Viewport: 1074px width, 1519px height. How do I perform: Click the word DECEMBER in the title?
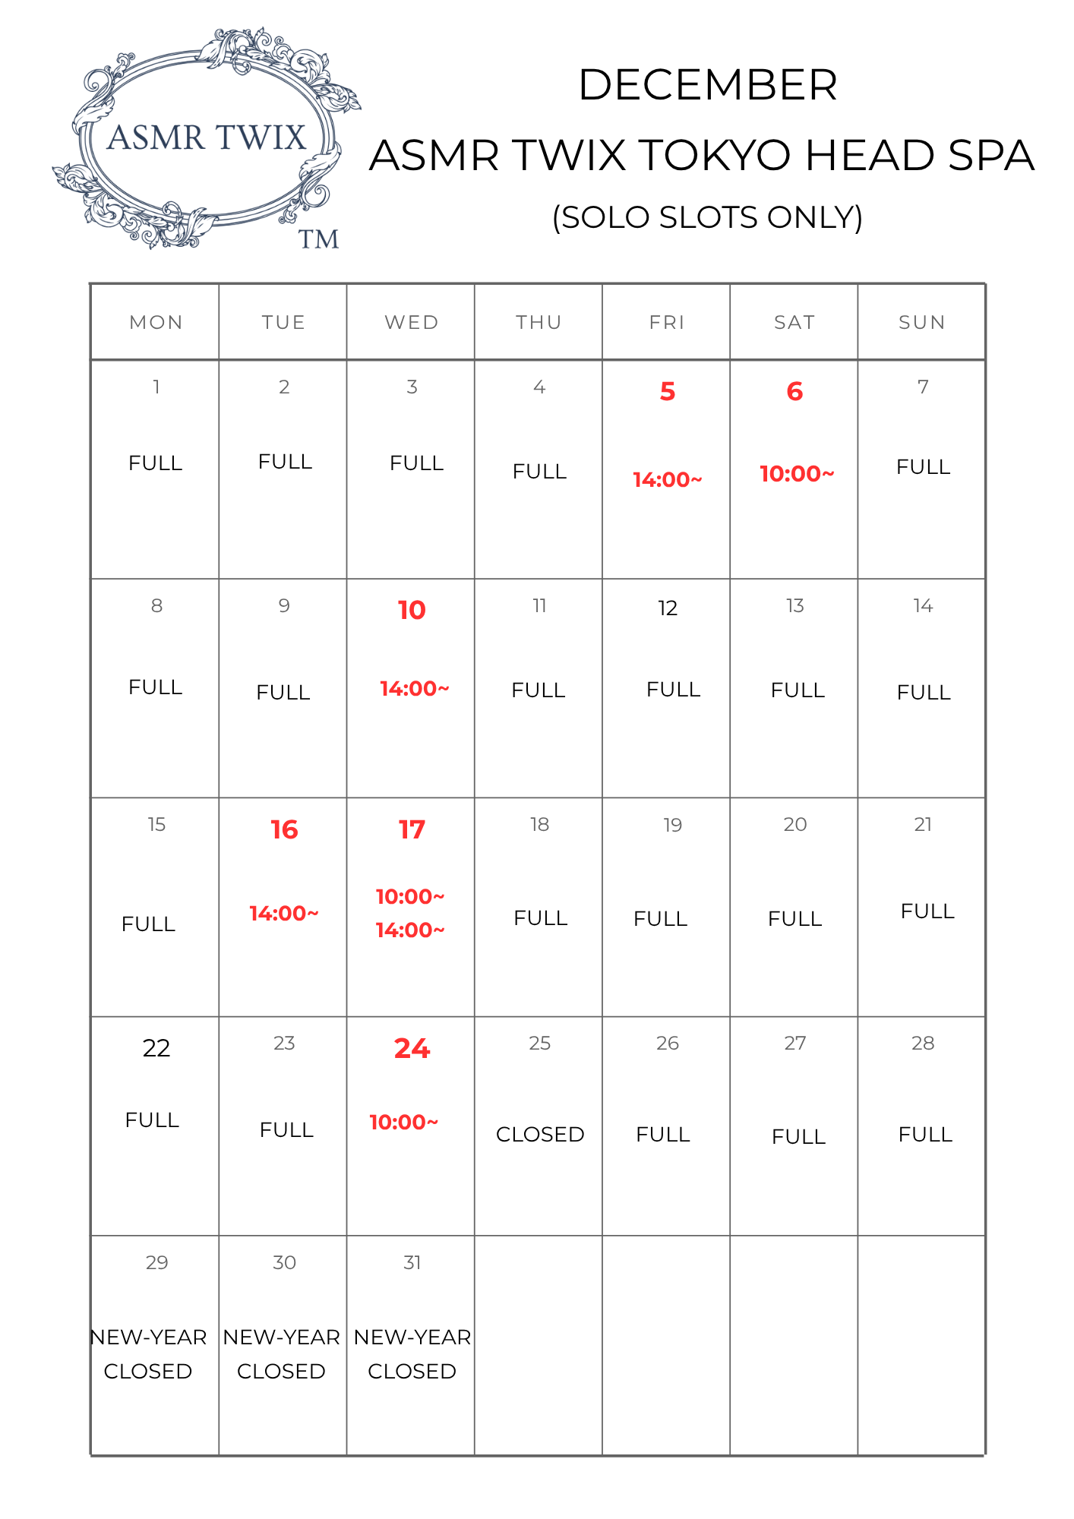(707, 84)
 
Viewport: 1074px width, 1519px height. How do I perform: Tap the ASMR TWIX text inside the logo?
(207, 138)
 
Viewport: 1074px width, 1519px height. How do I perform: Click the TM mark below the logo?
(318, 240)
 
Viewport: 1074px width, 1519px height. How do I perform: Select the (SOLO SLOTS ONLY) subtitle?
(707, 218)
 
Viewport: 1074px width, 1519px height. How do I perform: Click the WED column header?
(412, 323)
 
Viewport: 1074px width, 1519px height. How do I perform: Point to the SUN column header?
(922, 323)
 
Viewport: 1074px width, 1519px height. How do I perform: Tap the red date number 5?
(667, 392)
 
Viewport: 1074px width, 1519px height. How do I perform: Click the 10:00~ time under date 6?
(797, 474)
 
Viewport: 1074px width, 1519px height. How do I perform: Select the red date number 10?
(412, 611)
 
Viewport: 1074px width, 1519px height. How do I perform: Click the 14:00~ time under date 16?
(284, 914)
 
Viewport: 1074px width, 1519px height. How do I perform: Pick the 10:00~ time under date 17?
(410, 897)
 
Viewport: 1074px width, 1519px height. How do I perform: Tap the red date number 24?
(412, 1049)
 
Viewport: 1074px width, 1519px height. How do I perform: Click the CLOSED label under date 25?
(540, 1135)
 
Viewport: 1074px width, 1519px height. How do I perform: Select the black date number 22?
(156, 1048)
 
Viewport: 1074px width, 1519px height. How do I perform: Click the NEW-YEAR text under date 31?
(412, 1337)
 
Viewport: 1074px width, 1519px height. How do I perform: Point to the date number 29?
(156, 1263)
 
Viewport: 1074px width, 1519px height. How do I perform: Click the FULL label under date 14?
(924, 693)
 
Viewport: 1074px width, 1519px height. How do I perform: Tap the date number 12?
(667, 608)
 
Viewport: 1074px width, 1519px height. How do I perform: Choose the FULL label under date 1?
(156, 463)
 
